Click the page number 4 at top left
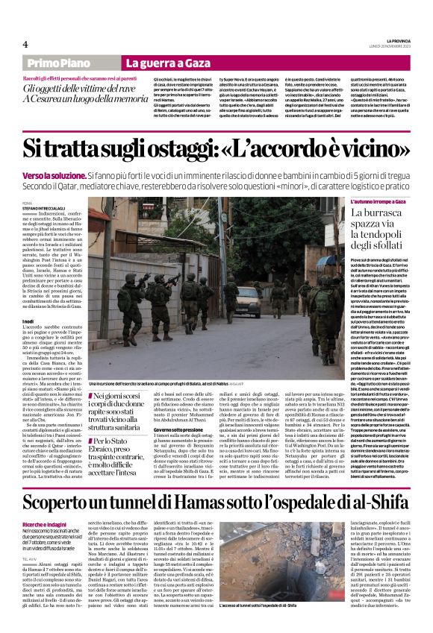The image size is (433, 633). point(25,44)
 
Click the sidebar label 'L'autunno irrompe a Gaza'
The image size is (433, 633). point(379,202)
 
